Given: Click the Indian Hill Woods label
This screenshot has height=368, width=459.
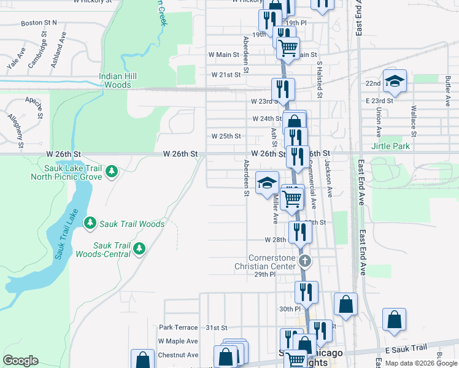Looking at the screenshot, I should (118, 80).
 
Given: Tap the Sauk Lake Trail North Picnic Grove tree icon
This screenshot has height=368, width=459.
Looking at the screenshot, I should (111, 171).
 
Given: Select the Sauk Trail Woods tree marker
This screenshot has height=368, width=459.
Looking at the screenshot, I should (90, 222).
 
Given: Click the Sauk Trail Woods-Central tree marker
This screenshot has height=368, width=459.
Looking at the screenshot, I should (139, 248).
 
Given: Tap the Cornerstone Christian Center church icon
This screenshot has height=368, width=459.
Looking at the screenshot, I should (305, 262).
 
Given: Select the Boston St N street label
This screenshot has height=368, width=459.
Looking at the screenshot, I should (39, 23).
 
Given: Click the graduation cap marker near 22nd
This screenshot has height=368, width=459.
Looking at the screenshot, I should (395, 81).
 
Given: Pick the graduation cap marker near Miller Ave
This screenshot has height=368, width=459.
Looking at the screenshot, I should (267, 183).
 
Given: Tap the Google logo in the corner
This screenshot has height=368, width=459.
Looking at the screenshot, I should (20, 361).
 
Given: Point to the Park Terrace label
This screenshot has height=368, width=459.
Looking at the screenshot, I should (179, 328).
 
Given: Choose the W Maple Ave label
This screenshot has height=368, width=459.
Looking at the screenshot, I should (178, 341).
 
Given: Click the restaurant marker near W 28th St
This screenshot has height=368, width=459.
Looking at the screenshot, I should (299, 231).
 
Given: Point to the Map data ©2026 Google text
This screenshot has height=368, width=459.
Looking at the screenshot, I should (420, 363).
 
